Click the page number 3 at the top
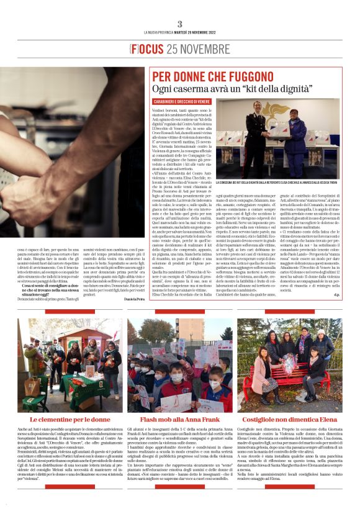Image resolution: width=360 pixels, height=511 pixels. [x=180, y=24]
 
